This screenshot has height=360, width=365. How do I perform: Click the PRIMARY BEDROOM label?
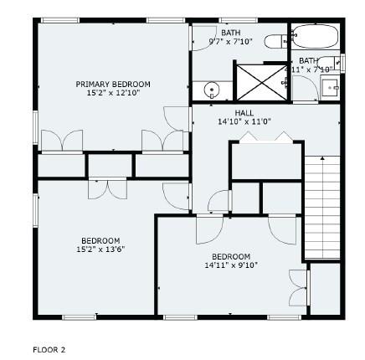pos(112,84)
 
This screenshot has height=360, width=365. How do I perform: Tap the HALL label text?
pos(244,112)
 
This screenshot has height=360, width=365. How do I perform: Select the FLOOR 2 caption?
pos(49,349)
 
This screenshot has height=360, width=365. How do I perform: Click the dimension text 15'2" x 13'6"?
pos(100,249)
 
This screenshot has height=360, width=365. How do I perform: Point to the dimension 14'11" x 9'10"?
pos(231,265)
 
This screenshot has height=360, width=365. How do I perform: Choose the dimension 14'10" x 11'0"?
pos(244,121)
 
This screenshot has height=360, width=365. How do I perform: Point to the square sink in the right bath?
pos(331,86)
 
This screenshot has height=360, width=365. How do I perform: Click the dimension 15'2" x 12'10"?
pos(112,91)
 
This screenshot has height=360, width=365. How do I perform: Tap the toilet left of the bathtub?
pos(276,40)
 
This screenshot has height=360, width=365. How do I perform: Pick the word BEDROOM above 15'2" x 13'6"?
pos(100,241)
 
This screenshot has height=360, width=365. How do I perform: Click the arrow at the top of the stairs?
pos(323,159)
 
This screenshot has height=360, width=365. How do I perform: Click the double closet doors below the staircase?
pos(297,287)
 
